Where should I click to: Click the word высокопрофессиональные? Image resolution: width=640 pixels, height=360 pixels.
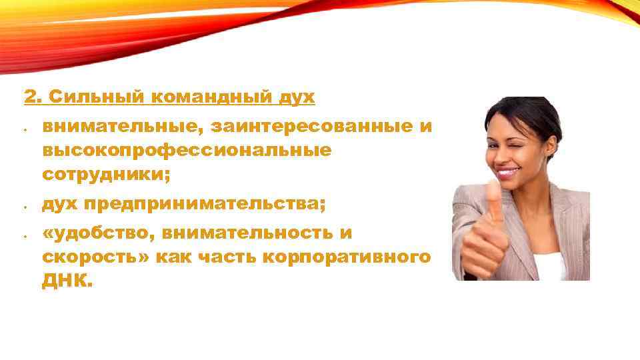point(187,150)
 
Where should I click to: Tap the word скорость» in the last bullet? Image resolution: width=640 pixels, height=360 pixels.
point(95,258)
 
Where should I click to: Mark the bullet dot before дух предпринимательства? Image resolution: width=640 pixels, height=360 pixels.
point(23,207)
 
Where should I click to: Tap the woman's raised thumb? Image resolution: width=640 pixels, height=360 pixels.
point(494,200)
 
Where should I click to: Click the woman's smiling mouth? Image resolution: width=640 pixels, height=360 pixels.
point(508,173)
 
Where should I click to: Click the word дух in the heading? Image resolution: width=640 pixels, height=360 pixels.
point(298,97)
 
